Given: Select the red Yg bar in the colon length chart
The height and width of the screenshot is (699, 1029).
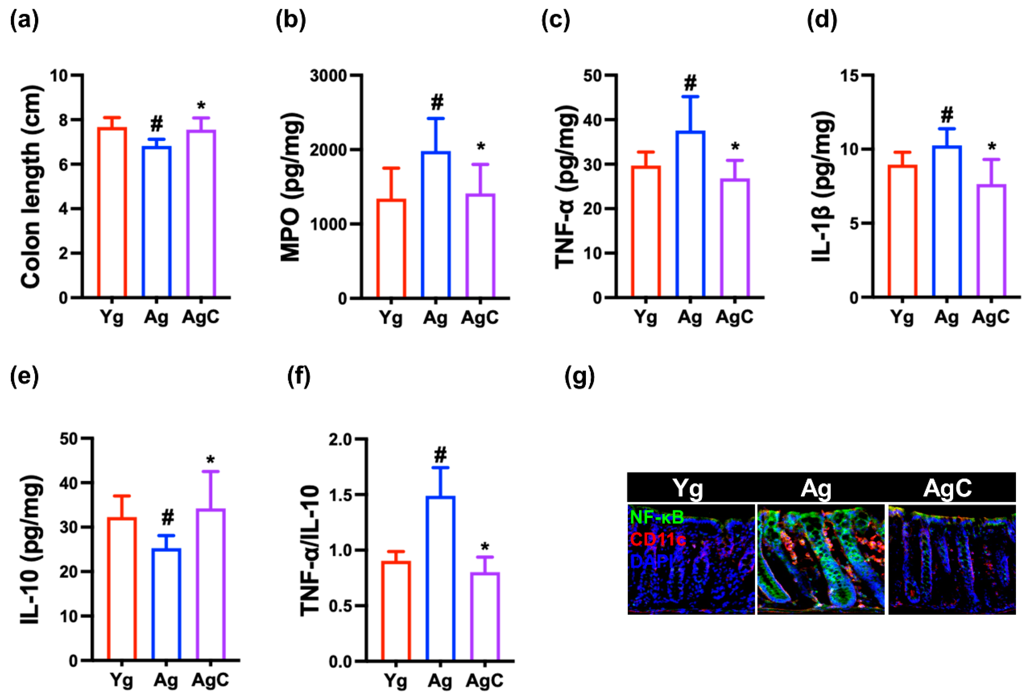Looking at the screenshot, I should tap(112, 212).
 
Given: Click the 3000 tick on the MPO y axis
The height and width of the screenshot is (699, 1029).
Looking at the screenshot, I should tap(328, 76).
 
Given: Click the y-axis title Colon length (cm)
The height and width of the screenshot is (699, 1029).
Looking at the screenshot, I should tap(31, 187).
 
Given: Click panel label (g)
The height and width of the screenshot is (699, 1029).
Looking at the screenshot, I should tap(580, 377).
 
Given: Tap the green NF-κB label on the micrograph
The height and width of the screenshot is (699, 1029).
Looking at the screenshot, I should tap(657, 517).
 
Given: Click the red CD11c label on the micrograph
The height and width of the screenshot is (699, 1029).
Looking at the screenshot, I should tap(658, 539).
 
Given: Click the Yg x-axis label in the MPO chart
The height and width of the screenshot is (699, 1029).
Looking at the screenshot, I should tap(391, 318).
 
